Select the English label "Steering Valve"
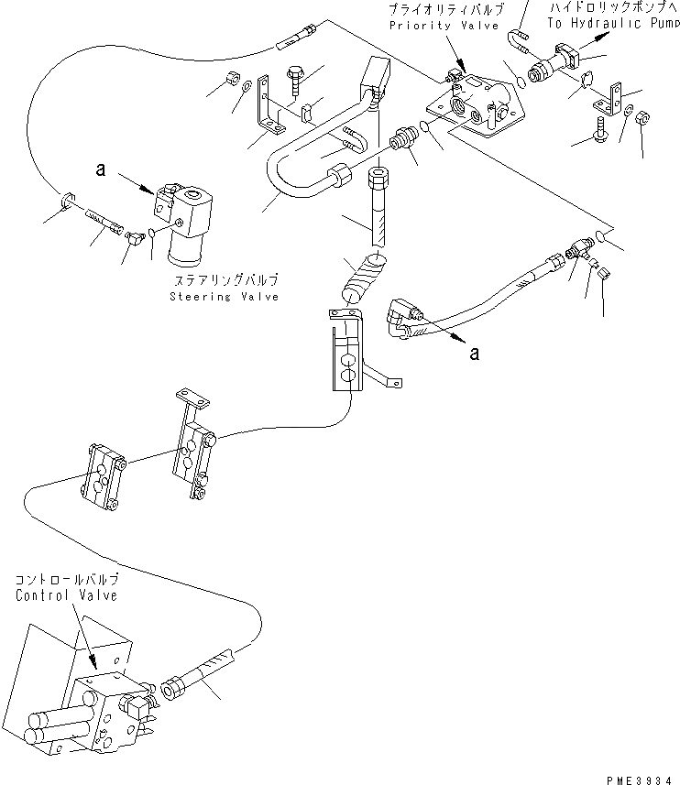(x=225, y=297)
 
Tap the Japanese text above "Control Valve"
(x=66, y=581)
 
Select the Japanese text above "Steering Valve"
(x=225, y=281)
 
